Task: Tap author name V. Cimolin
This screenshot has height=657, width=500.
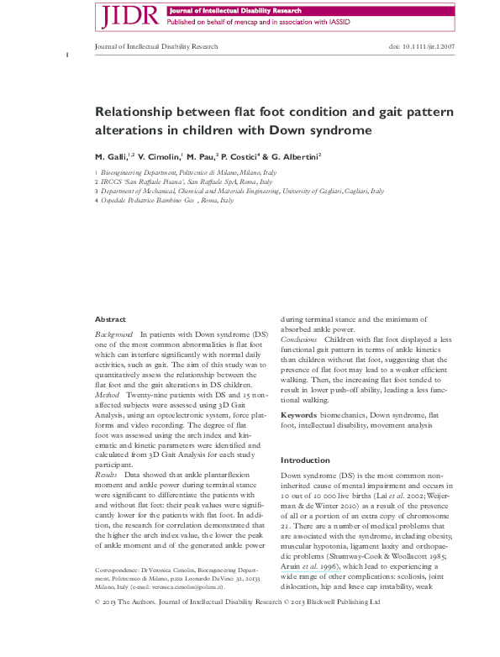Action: pos(161,156)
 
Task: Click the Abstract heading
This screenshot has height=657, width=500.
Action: pos(110,320)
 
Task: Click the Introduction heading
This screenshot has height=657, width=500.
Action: pos(306,460)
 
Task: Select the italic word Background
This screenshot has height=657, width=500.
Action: pos(114,334)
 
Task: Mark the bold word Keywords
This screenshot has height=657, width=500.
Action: pos(298,415)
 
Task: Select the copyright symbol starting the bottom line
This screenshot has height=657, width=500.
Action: pos(98,626)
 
